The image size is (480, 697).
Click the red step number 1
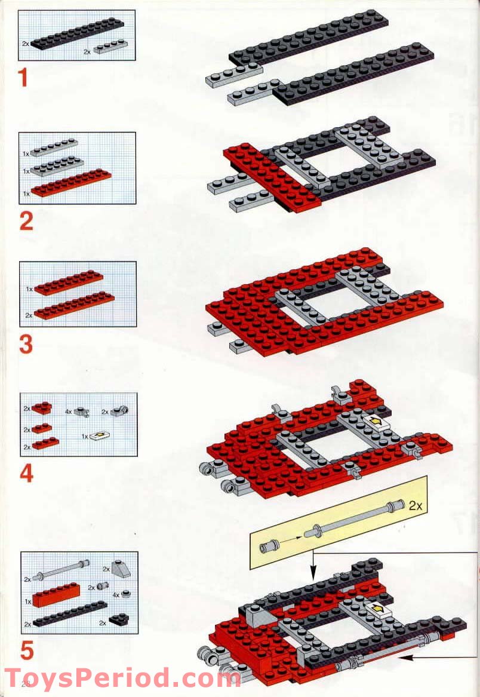click(23, 78)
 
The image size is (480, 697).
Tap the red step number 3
click(26, 345)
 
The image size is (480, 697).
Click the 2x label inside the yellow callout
click(416, 505)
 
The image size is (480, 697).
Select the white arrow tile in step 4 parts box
click(99, 437)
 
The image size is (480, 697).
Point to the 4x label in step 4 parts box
click(69, 412)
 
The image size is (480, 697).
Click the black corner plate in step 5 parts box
click(117, 619)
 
